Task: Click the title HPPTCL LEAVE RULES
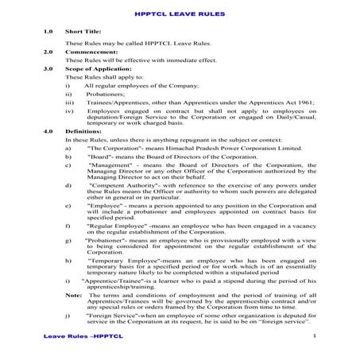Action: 180,14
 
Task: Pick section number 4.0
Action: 48,129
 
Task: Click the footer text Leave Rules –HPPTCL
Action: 79,338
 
